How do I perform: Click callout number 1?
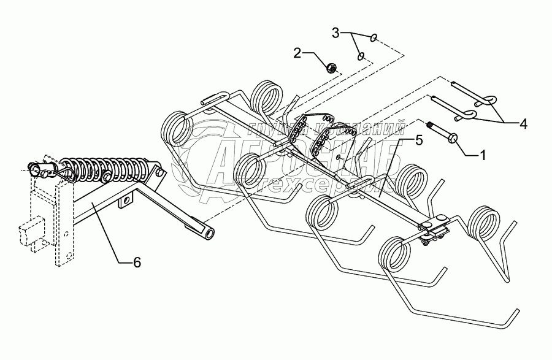pos(482,155)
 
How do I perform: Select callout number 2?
pos(297,53)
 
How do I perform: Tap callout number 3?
pos(335,32)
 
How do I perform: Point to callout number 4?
pos(523,124)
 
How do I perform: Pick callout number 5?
pos(419,140)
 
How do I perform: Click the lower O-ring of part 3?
pos(362,56)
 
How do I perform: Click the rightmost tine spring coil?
pos(486,225)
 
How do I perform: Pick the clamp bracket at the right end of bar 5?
pos(437,229)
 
